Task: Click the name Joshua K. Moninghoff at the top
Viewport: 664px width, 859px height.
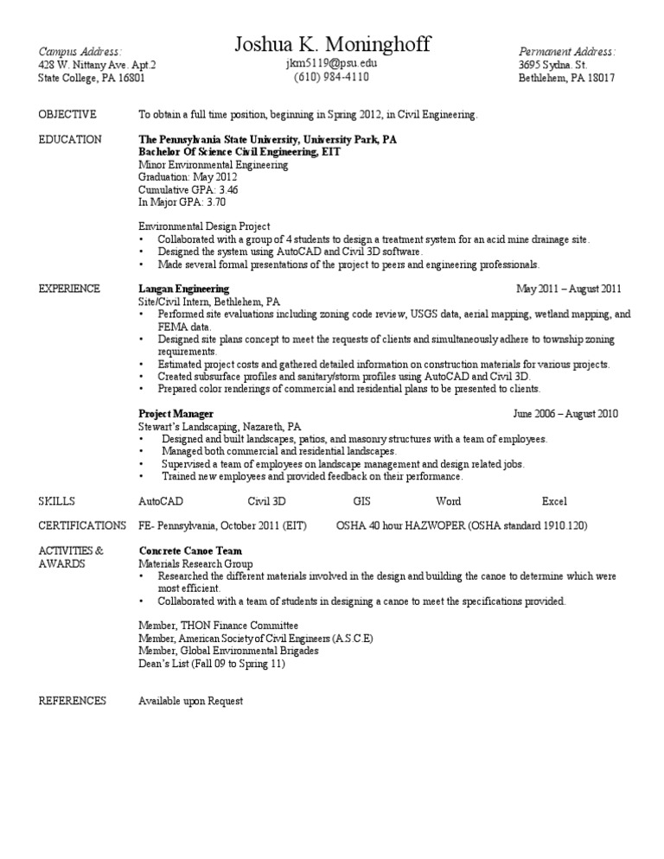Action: click(332, 45)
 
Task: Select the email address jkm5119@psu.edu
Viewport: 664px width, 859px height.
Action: click(331, 63)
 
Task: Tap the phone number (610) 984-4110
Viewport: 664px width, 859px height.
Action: click(331, 77)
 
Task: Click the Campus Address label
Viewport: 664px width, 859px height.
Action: click(80, 52)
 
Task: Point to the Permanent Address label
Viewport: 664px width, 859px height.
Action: click(566, 52)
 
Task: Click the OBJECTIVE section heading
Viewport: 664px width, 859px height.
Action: click(68, 114)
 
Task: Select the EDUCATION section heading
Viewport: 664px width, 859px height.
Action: click(70, 139)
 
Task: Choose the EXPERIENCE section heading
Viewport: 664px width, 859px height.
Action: click(70, 289)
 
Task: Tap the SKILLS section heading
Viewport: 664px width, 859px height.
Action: click(57, 501)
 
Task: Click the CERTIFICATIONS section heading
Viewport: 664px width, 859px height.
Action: click(82, 525)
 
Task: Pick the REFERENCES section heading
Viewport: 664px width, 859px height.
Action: click(73, 701)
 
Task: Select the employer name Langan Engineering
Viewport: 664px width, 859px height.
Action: click(183, 289)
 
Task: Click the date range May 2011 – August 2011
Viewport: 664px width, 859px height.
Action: click(568, 289)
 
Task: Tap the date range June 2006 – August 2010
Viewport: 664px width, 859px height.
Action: click(565, 414)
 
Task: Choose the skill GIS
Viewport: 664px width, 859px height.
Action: click(361, 501)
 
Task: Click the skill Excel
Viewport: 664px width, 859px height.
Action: click(554, 501)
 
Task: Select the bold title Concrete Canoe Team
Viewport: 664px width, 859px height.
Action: click(190, 550)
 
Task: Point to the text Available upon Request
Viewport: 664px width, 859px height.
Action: click(191, 701)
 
